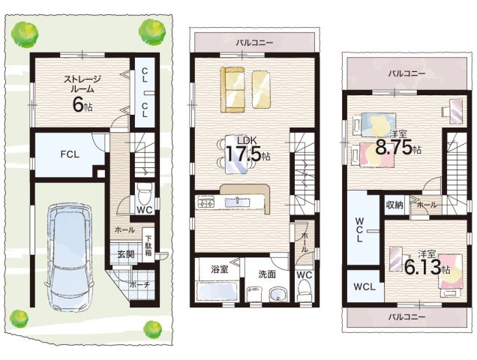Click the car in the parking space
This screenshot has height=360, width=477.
pyautogui.click(x=69, y=256)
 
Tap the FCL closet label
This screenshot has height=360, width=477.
pyautogui.click(x=70, y=154)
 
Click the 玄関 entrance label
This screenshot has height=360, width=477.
pyautogui.click(x=126, y=254)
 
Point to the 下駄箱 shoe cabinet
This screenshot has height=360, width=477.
pyautogui.click(x=148, y=246)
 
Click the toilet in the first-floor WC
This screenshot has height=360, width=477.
pyautogui.click(x=145, y=194)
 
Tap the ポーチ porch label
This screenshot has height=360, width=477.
pyautogui.click(x=139, y=285)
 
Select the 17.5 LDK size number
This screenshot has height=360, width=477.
pyautogui.click(x=243, y=154)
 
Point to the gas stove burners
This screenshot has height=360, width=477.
pyautogui.click(x=206, y=202)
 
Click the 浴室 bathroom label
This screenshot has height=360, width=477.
pyautogui.click(x=219, y=269)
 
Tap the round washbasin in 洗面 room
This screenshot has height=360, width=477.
pyautogui.click(x=277, y=295)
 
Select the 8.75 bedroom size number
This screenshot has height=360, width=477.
pyautogui.click(x=394, y=148)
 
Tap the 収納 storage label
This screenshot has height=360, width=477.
pyautogui.click(x=394, y=205)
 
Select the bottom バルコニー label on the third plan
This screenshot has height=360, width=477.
pyautogui.click(x=406, y=316)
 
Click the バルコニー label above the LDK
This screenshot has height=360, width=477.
pyautogui.click(x=255, y=43)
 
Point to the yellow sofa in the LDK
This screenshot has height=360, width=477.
pyautogui.click(x=233, y=90)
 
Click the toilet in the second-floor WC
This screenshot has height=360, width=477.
pyautogui.click(x=304, y=290)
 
